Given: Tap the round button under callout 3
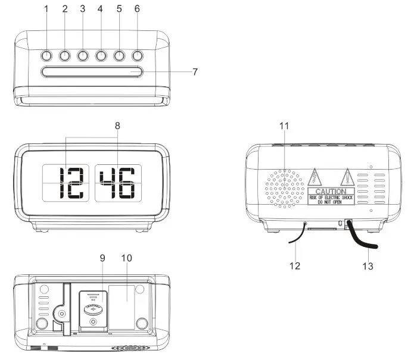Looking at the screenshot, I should pos(83,57).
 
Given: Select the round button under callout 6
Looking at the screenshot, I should pos(138,57).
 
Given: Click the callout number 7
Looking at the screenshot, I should pos(195,71).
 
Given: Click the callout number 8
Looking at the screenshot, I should pos(117,126).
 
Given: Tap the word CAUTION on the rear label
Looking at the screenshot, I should pos(330,192).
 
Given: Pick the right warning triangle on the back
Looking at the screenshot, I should pos(347,177).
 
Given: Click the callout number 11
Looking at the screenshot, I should pos(284,126).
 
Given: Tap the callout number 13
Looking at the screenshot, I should pos(369,266).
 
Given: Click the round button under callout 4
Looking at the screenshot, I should pos(101,57).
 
